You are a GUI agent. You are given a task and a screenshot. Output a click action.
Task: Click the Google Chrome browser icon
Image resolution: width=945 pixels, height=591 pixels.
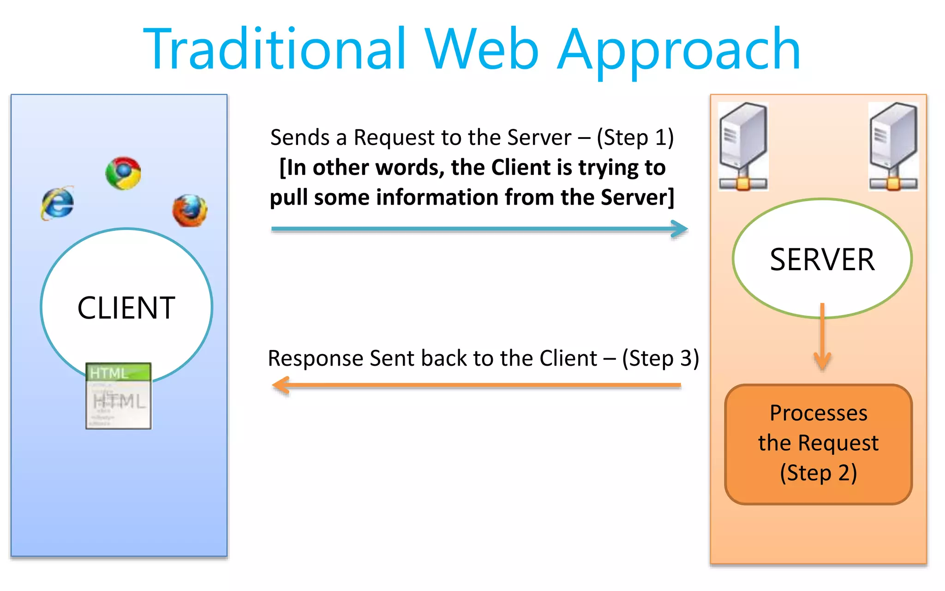pos(123,173)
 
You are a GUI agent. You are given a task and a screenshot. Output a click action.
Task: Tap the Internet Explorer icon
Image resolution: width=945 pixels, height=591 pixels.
pos(57,203)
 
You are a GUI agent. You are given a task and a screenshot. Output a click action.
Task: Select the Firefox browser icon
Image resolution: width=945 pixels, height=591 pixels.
pos(190,211)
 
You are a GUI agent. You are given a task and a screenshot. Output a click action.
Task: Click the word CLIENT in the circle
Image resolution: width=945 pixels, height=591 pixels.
pos(126,308)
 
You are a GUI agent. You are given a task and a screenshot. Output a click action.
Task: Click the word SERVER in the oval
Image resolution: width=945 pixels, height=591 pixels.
pos(822,259)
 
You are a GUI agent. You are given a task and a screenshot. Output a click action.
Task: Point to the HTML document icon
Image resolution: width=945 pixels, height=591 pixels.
pos(119,396)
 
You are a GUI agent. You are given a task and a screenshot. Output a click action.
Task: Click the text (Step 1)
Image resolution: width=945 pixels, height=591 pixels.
pos(635,138)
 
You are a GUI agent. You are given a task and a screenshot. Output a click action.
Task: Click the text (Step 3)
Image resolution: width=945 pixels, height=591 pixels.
pos(660,358)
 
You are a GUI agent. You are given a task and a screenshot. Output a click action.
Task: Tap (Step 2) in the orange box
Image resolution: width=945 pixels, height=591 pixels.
pos(818,473)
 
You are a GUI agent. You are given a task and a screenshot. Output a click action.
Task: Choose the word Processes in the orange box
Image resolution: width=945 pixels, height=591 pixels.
pos(818,413)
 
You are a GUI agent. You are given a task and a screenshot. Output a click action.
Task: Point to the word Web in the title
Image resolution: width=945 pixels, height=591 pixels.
pos(481,49)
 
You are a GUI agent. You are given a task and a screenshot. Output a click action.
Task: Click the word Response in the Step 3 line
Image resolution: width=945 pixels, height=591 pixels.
pos(316,359)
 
